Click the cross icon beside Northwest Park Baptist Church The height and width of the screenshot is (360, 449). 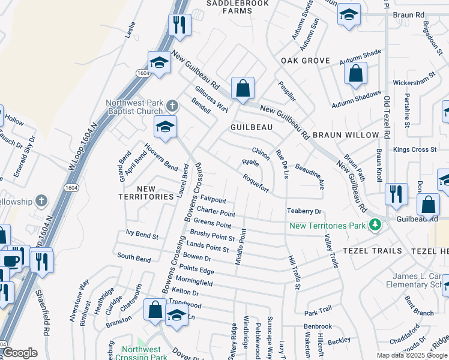(x=172, y=107)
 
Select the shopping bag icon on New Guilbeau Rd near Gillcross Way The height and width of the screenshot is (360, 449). (x=243, y=89)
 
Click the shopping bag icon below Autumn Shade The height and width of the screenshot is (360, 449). (x=355, y=74)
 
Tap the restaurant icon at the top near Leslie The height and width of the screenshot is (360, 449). (x=179, y=25)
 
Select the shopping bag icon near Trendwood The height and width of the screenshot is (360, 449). (x=155, y=310)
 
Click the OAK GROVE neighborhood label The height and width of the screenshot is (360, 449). (x=306, y=61)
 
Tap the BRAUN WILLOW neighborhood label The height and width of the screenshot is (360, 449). (x=346, y=135)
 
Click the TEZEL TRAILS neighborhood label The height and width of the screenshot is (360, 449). (x=367, y=250)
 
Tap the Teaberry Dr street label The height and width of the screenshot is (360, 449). (x=304, y=211)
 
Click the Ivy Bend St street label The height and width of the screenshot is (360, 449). (x=142, y=236)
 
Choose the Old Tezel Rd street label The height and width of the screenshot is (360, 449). (x=387, y=116)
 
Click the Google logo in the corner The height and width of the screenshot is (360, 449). (x=20, y=353)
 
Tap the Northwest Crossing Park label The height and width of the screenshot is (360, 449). (x=143, y=353)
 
